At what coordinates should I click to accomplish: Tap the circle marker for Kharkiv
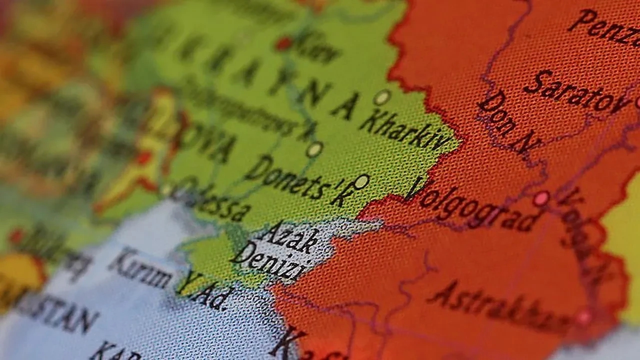point(382,97)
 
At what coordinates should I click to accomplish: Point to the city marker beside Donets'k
point(361,181)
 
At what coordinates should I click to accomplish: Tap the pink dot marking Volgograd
point(541,198)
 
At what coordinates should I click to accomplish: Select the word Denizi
point(270,263)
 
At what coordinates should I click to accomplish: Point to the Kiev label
point(317,47)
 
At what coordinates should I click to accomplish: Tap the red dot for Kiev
point(283,43)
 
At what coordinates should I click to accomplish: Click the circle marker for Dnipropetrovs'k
point(314,149)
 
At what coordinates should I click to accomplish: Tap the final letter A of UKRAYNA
point(345,106)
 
